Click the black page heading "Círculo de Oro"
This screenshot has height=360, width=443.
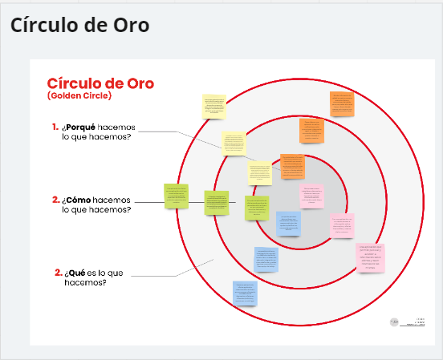[x=79, y=25]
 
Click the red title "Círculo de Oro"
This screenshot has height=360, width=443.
[x=100, y=83]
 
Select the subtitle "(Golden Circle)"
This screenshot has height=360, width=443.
[x=79, y=96]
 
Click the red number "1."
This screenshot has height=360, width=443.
[x=55, y=127]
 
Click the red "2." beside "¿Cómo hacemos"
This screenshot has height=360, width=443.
[x=55, y=200]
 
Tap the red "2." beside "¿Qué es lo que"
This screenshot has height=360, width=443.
[x=59, y=273]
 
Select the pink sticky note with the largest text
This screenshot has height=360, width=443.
[x=371, y=257]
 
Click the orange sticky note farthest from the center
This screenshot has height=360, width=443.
[x=342, y=104]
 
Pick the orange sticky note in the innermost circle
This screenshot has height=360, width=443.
[x=292, y=166]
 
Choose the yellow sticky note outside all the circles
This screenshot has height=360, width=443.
[x=214, y=106]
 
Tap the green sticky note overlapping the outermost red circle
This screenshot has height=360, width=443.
[x=176, y=196]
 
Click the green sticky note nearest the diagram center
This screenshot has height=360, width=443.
[x=257, y=207]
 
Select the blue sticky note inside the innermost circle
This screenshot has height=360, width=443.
[x=288, y=224]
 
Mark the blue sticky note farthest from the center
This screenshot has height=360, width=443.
[x=245, y=293]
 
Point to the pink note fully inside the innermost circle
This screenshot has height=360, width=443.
[x=311, y=196]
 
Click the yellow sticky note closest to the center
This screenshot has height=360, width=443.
[x=259, y=172]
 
